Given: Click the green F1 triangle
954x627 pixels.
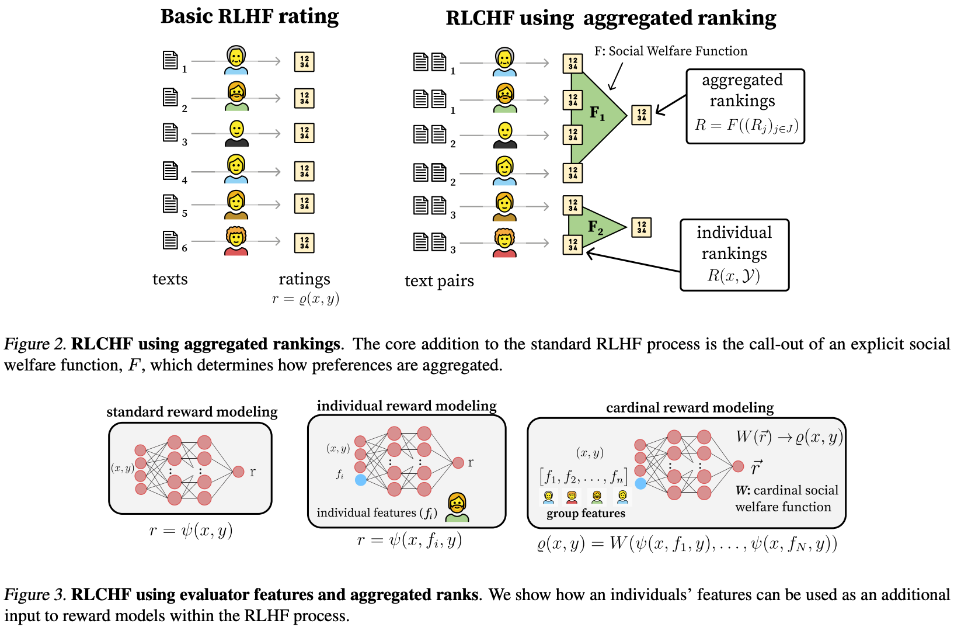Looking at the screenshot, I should pos(593,115).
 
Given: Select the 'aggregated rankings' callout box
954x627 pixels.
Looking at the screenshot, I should pos(745,106).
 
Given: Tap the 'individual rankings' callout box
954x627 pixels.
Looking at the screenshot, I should pos(734,255).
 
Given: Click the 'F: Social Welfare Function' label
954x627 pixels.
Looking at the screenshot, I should pos(670,51).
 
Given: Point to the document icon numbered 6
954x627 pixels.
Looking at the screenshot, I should pos(170,240).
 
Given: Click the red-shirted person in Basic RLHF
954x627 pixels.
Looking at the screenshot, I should pos(236,241).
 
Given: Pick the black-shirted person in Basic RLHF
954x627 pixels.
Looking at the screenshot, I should pos(236,134).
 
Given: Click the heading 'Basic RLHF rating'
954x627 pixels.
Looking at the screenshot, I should pos(249,16).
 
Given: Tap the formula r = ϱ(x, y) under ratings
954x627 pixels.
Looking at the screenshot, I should pos(305,299).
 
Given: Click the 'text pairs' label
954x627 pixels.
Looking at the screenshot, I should pos(439,281).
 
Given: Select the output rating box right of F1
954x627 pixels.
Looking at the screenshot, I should pos(641,115).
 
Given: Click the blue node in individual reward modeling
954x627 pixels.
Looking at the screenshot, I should pos(361,480).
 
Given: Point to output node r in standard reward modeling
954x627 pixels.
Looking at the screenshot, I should pos(238,472).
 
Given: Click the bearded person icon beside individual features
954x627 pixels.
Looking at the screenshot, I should pos(457,507).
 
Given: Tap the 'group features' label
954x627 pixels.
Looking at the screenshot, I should pos(586,514).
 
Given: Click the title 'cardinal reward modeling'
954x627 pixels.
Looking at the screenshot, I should pos(690,407).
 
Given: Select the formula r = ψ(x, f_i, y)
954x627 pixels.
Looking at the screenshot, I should pos(409,541).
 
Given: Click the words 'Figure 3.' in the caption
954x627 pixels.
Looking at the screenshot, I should pos(35,595).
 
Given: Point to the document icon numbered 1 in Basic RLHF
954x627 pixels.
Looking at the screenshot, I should pos(170,60).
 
